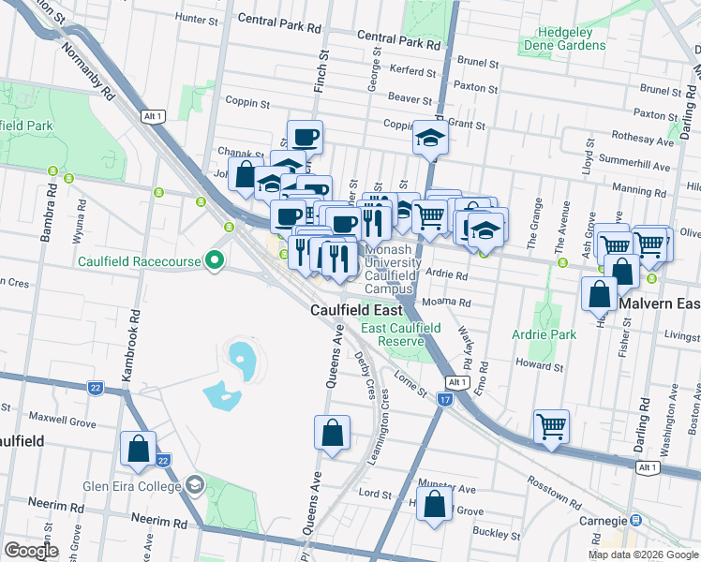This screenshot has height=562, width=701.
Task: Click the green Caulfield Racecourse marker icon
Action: click(x=214, y=261)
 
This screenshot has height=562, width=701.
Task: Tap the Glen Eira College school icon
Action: click(x=194, y=484)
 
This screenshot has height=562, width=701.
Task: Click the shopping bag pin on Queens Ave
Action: click(x=332, y=433)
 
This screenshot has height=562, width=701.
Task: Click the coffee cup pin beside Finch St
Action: click(x=305, y=137)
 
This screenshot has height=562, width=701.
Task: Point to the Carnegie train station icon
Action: click(x=635, y=519)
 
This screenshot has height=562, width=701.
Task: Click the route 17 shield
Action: click(x=444, y=400)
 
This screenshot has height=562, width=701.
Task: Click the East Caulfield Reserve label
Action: click(x=400, y=334)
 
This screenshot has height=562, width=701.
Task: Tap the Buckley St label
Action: click(x=496, y=535)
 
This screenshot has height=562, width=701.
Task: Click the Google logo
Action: click(x=32, y=551)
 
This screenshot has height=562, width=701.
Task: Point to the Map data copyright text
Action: click(x=642, y=555)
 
